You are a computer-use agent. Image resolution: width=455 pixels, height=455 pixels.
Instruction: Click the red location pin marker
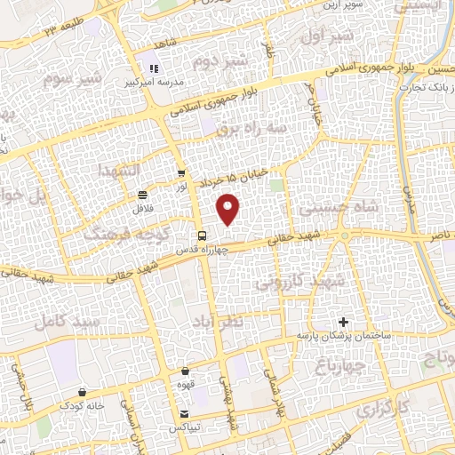229,210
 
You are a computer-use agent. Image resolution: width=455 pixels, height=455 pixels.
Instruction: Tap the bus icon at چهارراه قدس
204,236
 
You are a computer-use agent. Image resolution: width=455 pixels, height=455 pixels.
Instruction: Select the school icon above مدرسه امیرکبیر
153,68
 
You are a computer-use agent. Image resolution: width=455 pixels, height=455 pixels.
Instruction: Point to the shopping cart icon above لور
181,174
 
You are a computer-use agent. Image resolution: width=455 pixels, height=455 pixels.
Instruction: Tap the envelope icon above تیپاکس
184,414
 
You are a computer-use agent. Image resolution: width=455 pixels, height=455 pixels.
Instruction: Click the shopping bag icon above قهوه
185,371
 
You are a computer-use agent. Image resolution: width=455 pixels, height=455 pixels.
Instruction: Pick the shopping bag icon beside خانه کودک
82,391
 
